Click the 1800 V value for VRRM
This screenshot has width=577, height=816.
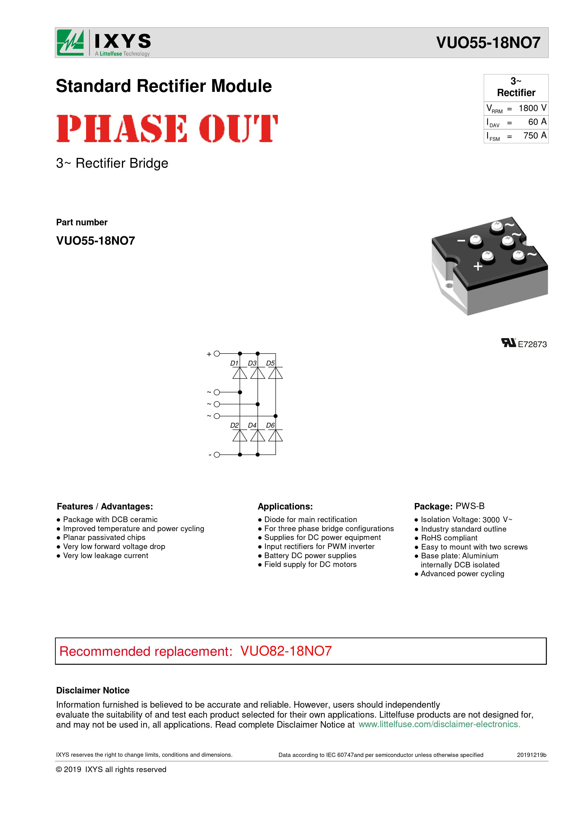(x=532, y=108)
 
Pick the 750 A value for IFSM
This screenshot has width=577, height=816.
(x=534, y=135)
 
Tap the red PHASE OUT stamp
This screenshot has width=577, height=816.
(x=167, y=128)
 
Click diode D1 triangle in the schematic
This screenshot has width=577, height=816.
(x=240, y=373)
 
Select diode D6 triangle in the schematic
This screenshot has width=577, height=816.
(x=275, y=436)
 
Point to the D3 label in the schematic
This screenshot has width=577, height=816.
(x=252, y=363)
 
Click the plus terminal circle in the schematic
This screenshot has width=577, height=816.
(x=217, y=354)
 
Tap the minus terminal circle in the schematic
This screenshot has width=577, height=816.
(x=217, y=455)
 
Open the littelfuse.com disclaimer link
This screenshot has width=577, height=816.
(x=439, y=724)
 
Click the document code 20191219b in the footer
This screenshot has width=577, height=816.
(x=531, y=755)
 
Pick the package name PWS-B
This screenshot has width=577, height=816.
(x=470, y=506)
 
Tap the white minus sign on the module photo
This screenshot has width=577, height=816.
(x=461, y=241)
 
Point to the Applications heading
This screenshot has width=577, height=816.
(x=285, y=506)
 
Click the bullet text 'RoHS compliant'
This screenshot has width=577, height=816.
(x=449, y=538)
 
